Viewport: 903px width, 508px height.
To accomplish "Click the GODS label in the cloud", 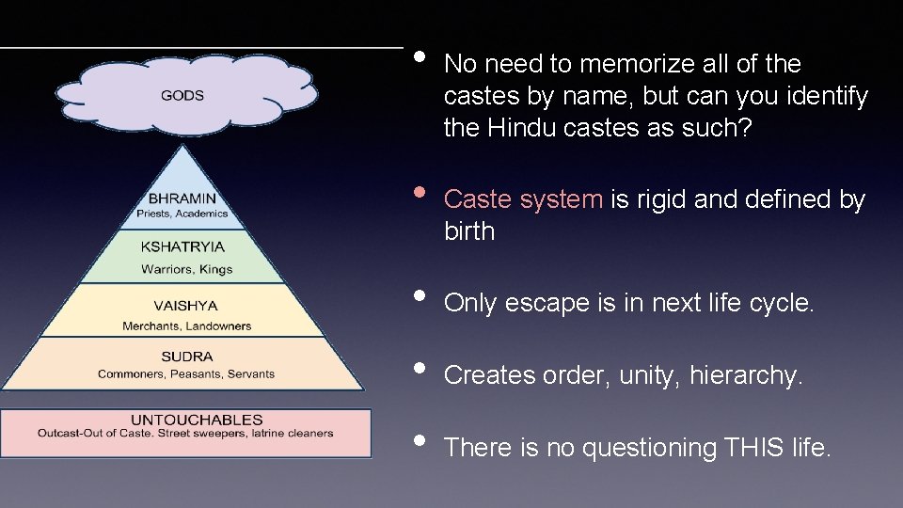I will [x=182, y=95].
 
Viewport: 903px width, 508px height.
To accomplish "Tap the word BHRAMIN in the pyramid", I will [x=182, y=198].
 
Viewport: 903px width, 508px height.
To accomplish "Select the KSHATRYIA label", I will [x=182, y=246].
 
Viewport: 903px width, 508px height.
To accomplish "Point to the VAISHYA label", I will [x=185, y=305].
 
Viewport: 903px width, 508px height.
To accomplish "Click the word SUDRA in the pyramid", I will [x=187, y=357].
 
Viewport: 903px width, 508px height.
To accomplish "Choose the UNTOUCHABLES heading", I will [x=197, y=420].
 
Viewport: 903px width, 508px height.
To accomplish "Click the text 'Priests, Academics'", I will [x=182, y=214].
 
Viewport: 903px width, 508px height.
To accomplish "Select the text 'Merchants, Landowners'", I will [x=187, y=326].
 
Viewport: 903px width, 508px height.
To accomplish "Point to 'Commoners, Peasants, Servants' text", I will [x=186, y=373].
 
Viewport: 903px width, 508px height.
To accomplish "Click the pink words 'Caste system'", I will [x=523, y=199].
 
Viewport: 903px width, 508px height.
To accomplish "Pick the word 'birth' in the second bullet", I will [x=468, y=231].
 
